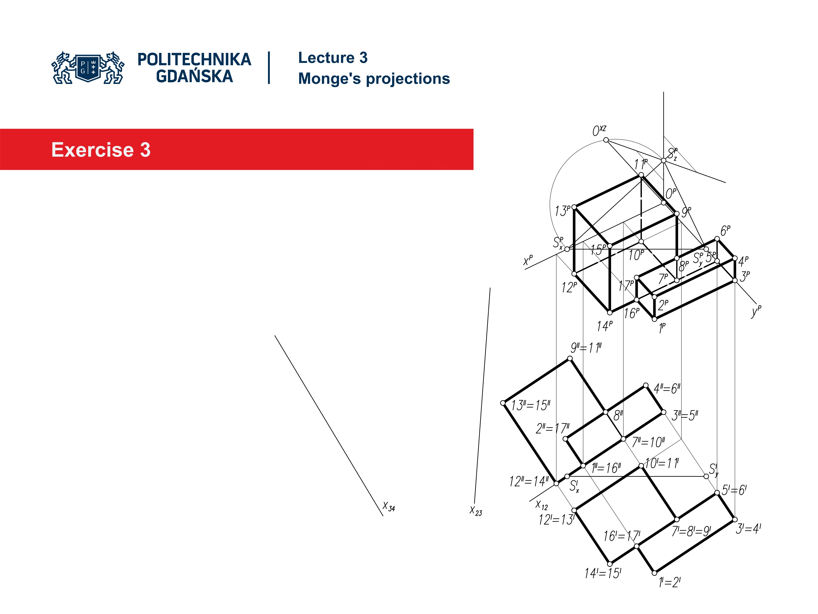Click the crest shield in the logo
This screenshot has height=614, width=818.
88,67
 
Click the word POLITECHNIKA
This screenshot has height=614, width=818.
194,59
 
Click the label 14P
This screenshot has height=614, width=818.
605,326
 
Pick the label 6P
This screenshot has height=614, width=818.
725,231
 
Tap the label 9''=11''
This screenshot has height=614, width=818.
586,348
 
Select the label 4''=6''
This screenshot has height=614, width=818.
667,389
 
